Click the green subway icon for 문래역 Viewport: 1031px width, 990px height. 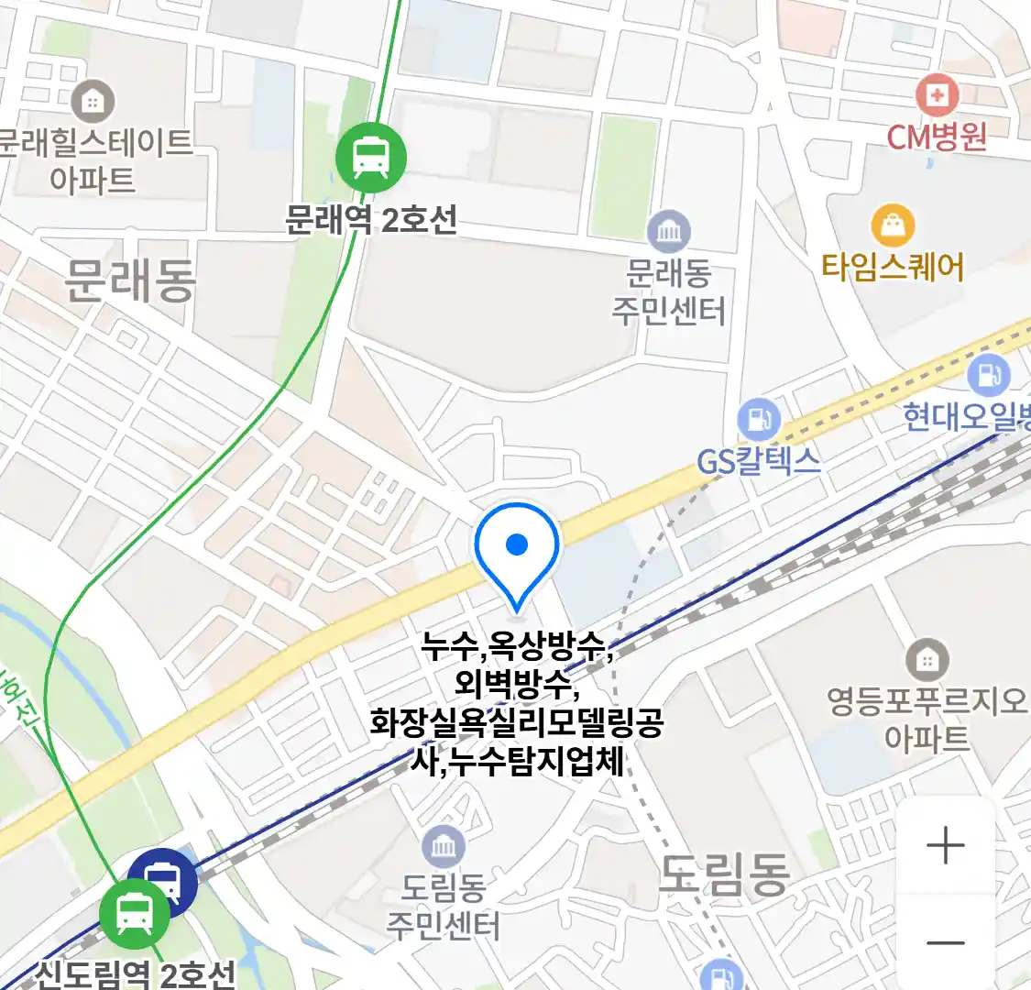370,156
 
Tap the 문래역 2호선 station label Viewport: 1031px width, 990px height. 371,220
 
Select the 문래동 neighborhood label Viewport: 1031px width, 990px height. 130,279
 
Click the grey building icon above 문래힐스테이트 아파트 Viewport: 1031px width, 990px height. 93,101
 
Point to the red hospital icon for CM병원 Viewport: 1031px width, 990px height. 937,94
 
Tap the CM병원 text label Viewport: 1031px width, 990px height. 937,137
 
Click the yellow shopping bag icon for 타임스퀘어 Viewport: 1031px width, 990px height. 893,225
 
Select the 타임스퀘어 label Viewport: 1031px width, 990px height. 893,268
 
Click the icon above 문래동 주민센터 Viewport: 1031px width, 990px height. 669,232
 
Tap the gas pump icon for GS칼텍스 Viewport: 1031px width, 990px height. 759,420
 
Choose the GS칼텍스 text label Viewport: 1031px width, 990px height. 759,460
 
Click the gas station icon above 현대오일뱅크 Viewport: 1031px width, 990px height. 988,375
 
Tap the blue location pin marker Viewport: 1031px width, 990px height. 517,548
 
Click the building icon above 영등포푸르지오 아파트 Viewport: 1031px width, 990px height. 927,660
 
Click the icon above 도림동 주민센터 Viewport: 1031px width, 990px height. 444,847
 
